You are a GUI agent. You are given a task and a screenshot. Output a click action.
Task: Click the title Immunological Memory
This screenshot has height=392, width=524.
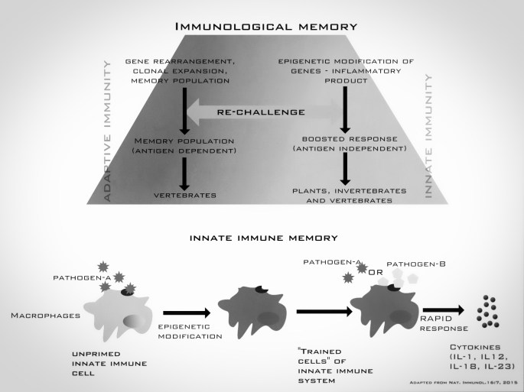point(262,28)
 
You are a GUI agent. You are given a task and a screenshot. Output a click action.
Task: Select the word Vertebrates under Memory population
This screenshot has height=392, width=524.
point(183,196)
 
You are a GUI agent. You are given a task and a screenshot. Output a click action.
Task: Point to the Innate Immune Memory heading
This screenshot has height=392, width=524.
point(262,238)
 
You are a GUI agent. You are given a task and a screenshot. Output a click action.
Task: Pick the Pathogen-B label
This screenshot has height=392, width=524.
point(418,263)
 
